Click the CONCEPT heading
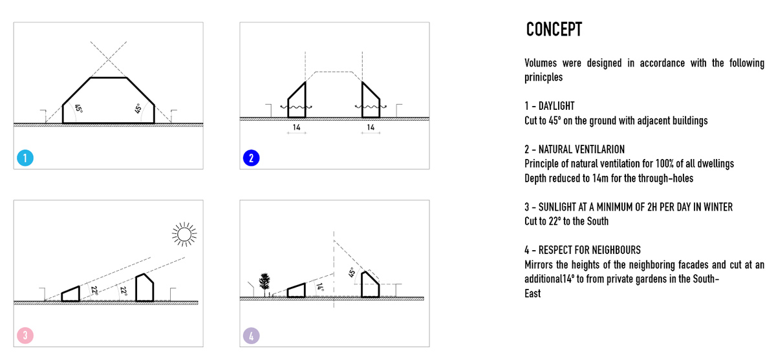pos(554,30)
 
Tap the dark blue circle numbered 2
pos(251,158)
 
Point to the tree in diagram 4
pos(263,282)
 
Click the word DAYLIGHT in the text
pos(556,106)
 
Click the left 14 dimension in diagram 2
pos(296,128)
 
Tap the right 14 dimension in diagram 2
pos(371,128)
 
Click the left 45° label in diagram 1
pos(78,109)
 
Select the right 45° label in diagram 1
pos(137,109)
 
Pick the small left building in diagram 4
pos(296,290)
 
